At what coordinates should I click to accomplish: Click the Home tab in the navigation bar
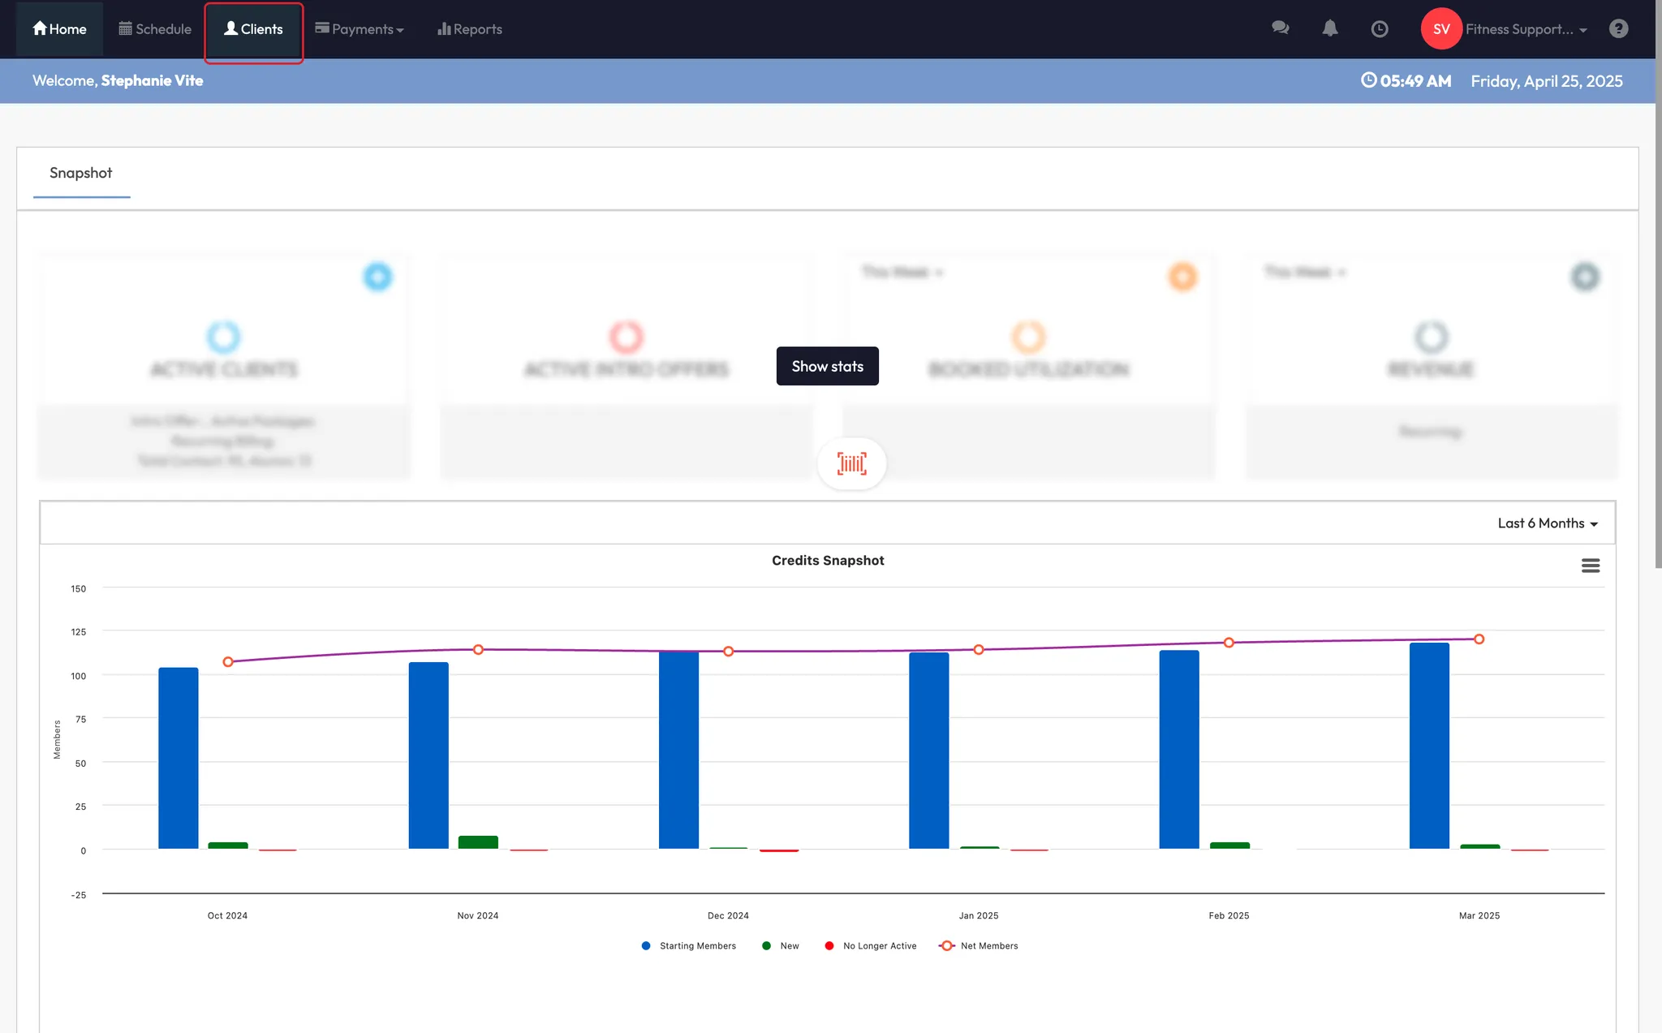coord(59,29)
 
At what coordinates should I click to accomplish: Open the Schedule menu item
coord(155,29)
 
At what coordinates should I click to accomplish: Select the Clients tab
coord(253,29)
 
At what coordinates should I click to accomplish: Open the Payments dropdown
coord(359,29)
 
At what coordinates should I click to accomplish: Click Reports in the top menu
coord(470,29)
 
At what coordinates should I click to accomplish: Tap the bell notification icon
coord(1329,29)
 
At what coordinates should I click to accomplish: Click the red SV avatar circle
coord(1440,29)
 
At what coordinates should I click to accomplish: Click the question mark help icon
coord(1618,29)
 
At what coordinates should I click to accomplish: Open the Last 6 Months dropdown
coord(1547,523)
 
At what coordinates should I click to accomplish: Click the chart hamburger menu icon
coord(1590,566)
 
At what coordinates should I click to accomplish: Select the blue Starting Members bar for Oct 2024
coord(178,758)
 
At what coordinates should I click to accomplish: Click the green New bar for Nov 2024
coord(478,842)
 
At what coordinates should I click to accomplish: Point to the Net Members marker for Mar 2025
coord(1479,639)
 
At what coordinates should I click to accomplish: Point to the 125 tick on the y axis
coord(78,632)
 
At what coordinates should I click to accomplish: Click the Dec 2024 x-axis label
coord(728,916)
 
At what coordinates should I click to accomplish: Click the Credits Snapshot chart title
coord(828,561)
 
